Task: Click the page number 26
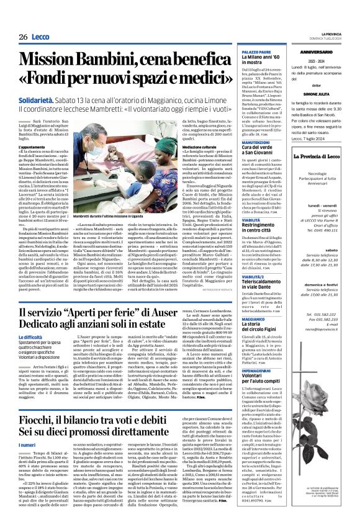pos(22,37)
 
